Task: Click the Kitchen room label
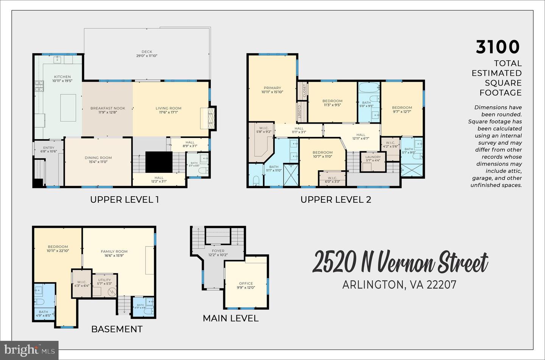coord(62,77)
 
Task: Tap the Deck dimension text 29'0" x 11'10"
coord(147,56)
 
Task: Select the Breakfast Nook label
coord(107,109)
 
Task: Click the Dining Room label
coord(98,158)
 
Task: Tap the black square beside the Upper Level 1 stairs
coord(159,161)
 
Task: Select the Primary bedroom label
coord(272,88)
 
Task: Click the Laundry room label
coord(373,157)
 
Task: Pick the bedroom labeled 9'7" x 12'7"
coord(402,110)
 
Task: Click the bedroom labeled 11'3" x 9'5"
coord(332,103)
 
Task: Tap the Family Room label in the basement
coord(114,251)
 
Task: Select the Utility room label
coord(104,280)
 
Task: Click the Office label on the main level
coord(246,284)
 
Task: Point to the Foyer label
coord(218,251)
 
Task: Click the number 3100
coord(498,47)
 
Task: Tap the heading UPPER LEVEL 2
coord(336,200)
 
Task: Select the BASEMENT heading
coord(117,329)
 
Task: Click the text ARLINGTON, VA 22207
coord(399,284)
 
